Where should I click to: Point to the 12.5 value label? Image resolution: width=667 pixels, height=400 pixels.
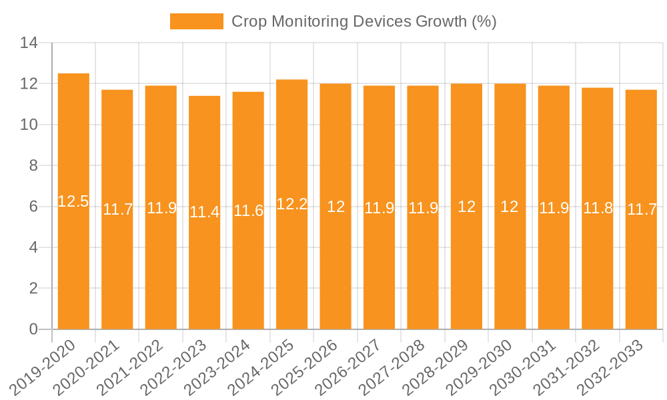(x=73, y=201)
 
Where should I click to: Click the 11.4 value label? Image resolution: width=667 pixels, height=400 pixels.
(x=205, y=213)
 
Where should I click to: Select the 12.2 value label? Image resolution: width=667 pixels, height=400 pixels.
(x=292, y=205)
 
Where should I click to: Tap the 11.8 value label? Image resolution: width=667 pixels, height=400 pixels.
(x=598, y=208)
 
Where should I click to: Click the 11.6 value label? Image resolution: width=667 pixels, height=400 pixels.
(x=248, y=211)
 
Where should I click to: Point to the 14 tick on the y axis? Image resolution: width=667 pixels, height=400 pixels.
(x=29, y=43)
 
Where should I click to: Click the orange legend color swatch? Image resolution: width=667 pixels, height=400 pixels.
(x=197, y=21)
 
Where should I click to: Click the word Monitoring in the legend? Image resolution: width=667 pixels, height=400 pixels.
(x=310, y=21)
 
